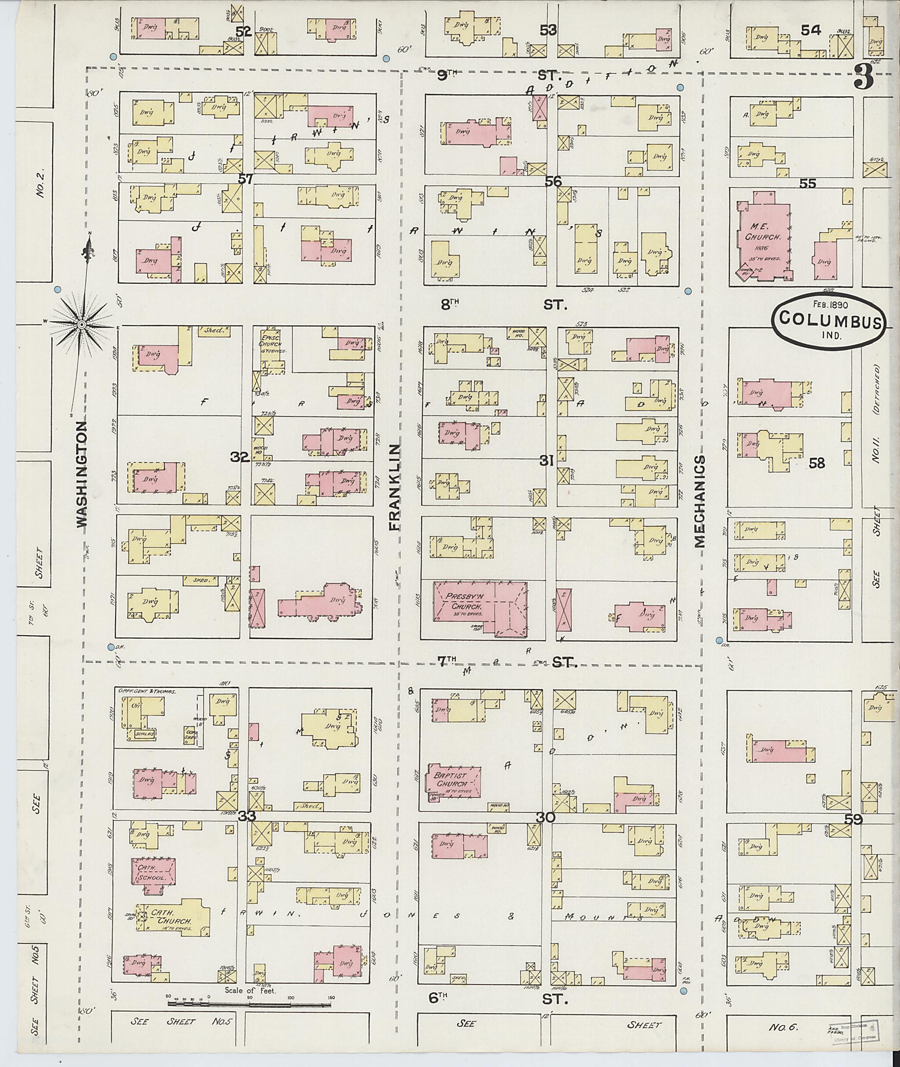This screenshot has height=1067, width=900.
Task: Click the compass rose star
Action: coord(81,324)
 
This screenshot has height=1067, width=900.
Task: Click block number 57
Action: coord(246,179)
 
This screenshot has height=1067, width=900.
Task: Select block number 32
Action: coord(240,457)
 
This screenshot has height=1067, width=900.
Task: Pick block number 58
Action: coord(817,463)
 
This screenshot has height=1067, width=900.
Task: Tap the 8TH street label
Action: coord(450,305)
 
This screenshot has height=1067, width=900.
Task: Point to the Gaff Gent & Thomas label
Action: coord(147,692)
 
